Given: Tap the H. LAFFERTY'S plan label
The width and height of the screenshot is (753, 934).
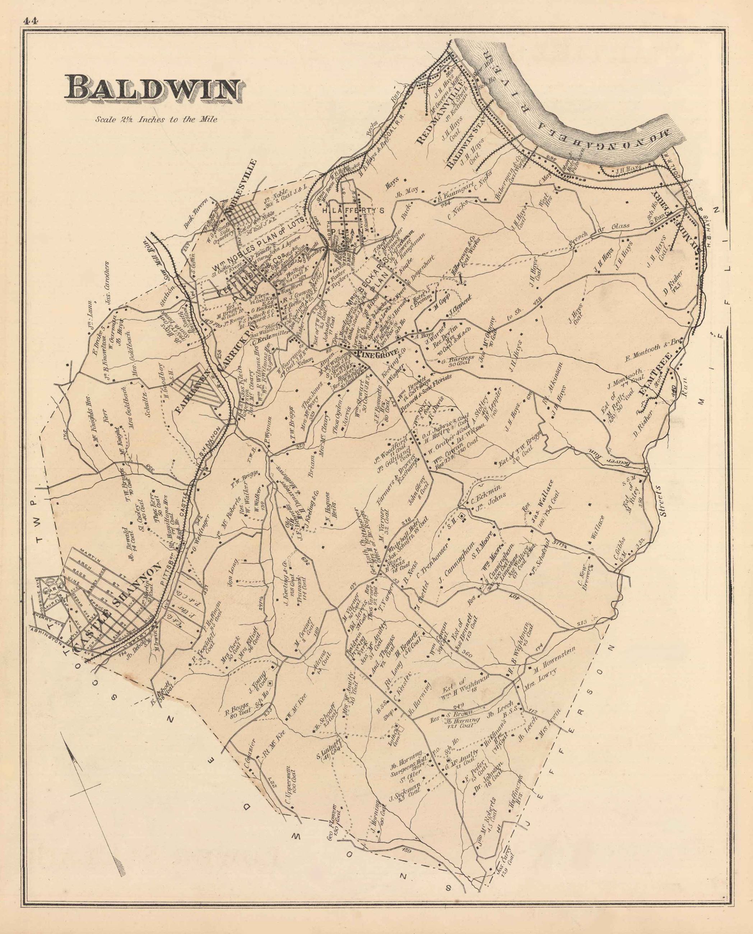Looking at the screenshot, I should click(x=353, y=211).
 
